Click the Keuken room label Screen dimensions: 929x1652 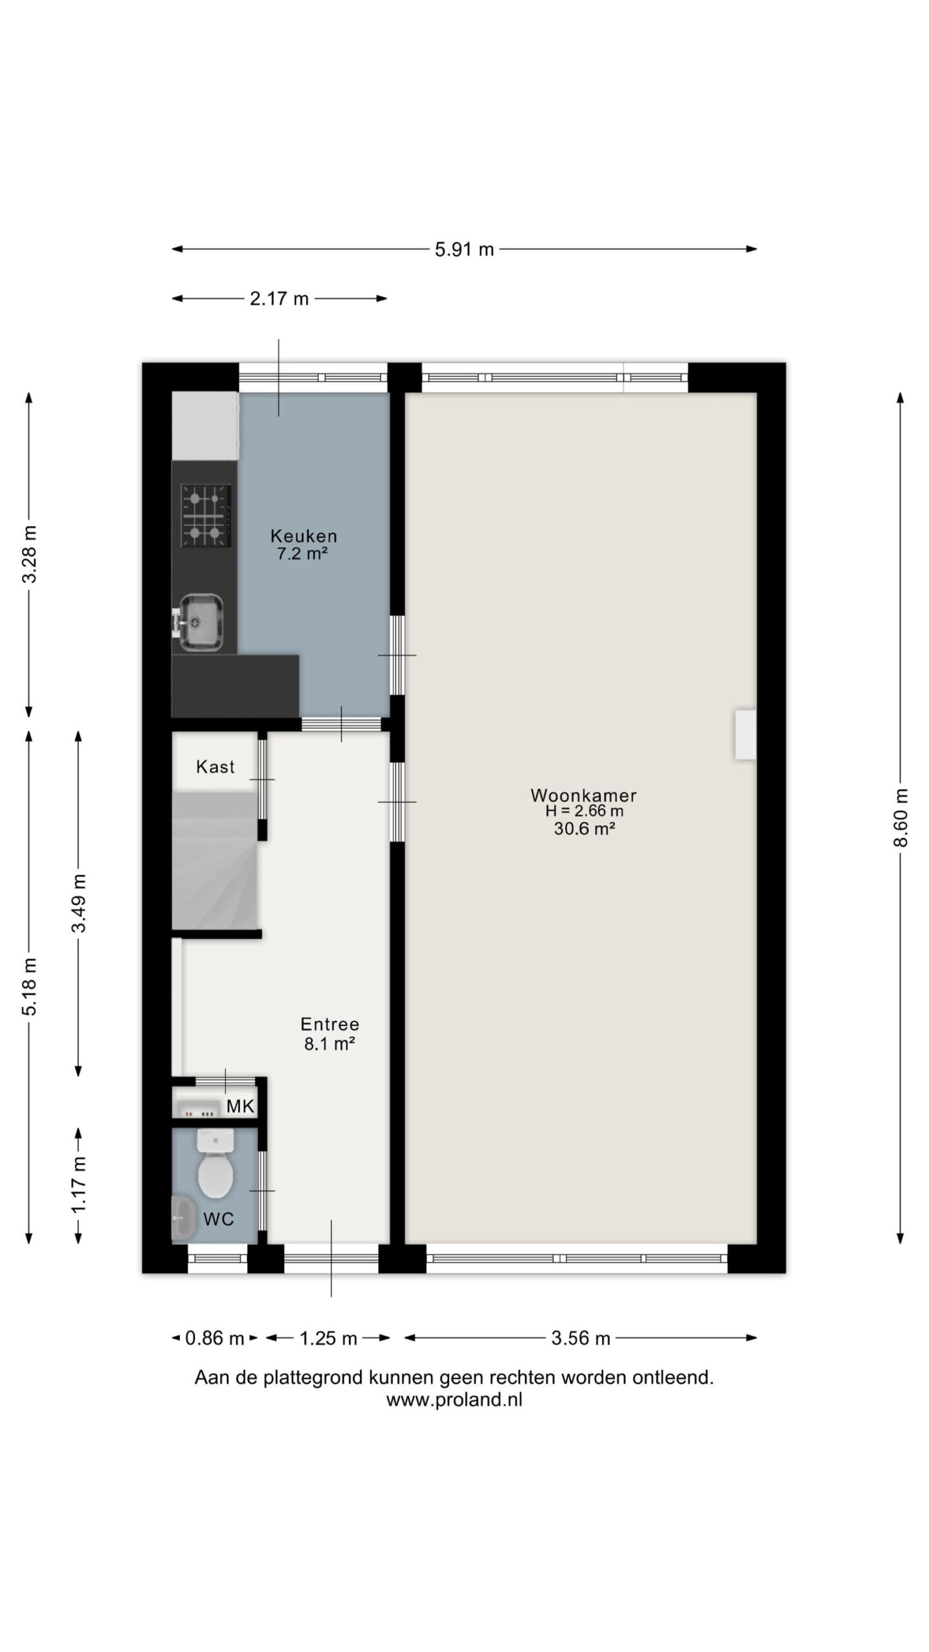pos(303,536)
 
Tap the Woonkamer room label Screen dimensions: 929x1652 pos(583,795)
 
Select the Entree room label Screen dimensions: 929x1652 pos(330,1024)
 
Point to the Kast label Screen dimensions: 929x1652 pos(215,767)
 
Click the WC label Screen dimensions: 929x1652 pos(218,1219)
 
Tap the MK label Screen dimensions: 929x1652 pos(240,1107)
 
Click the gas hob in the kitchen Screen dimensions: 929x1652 pos(206,516)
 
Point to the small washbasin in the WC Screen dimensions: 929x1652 pos(183,1218)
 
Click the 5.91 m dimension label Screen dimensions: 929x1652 pos(464,250)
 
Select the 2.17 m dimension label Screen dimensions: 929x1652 pos(279,299)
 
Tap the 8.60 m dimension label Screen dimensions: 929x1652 pos(901,818)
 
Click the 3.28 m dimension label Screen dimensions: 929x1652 pos(29,554)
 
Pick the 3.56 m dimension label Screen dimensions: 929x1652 pos(580,1338)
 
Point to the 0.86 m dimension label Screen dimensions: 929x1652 pos(214,1338)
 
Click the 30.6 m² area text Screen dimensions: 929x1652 pos(583,829)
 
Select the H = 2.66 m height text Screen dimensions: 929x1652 pos(584,812)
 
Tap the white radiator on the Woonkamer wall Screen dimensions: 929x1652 pos(744,734)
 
